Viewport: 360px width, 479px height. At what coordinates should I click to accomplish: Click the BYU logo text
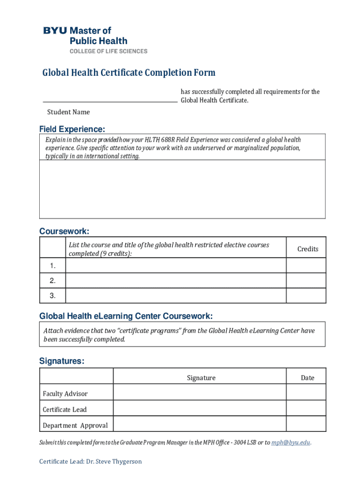pyautogui.click(x=55, y=31)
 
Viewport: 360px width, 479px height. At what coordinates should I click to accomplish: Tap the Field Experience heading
pyautogui.click(x=72, y=129)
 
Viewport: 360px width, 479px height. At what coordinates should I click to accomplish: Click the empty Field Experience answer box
pyautogui.click(x=182, y=189)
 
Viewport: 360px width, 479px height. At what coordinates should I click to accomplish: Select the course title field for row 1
pyautogui.click(x=176, y=266)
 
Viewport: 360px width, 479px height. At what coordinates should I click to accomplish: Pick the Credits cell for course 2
pyautogui.click(x=306, y=281)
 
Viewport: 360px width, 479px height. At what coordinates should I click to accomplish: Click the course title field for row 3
pyautogui.click(x=176, y=296)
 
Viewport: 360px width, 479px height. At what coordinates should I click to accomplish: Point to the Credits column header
pyautogui.click(x=308, y=249)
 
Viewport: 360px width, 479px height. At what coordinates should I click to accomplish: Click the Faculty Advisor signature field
pyautogui.click(x=200, y=393)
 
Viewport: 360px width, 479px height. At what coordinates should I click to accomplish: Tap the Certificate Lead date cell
pyautogui.click(x=306, y=409)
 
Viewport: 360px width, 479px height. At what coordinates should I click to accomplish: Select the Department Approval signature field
pyautogui.click(x=200, y=425)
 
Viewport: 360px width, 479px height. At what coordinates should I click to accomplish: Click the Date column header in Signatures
pyautogui.click(x=308, y=377)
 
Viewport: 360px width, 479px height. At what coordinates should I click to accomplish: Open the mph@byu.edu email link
pyautogui.click(x=290, y=442)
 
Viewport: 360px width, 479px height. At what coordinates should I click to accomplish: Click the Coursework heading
pyautogui.click(x=64, y=232)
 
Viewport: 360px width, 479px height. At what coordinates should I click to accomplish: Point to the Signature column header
pyautogui.click(x=201, y=377)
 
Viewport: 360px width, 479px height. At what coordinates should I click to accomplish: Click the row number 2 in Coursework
pyautogui.click(x=53, y=281)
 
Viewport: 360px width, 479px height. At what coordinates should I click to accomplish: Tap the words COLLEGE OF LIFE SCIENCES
pyautogui.click(x=108, y=51)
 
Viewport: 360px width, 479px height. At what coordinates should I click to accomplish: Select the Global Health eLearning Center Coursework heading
pyautogui.click(x=126, y=316)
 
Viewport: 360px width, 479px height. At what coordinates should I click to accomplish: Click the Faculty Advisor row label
pyautogui.click(x=65, y=393)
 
